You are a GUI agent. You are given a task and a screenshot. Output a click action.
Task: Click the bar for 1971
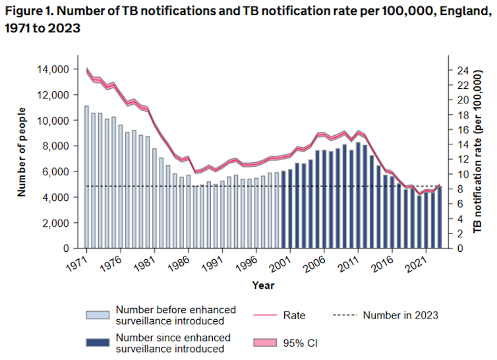(x=86, y=177)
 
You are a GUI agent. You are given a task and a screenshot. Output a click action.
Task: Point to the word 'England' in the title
(x=436, y=13)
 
